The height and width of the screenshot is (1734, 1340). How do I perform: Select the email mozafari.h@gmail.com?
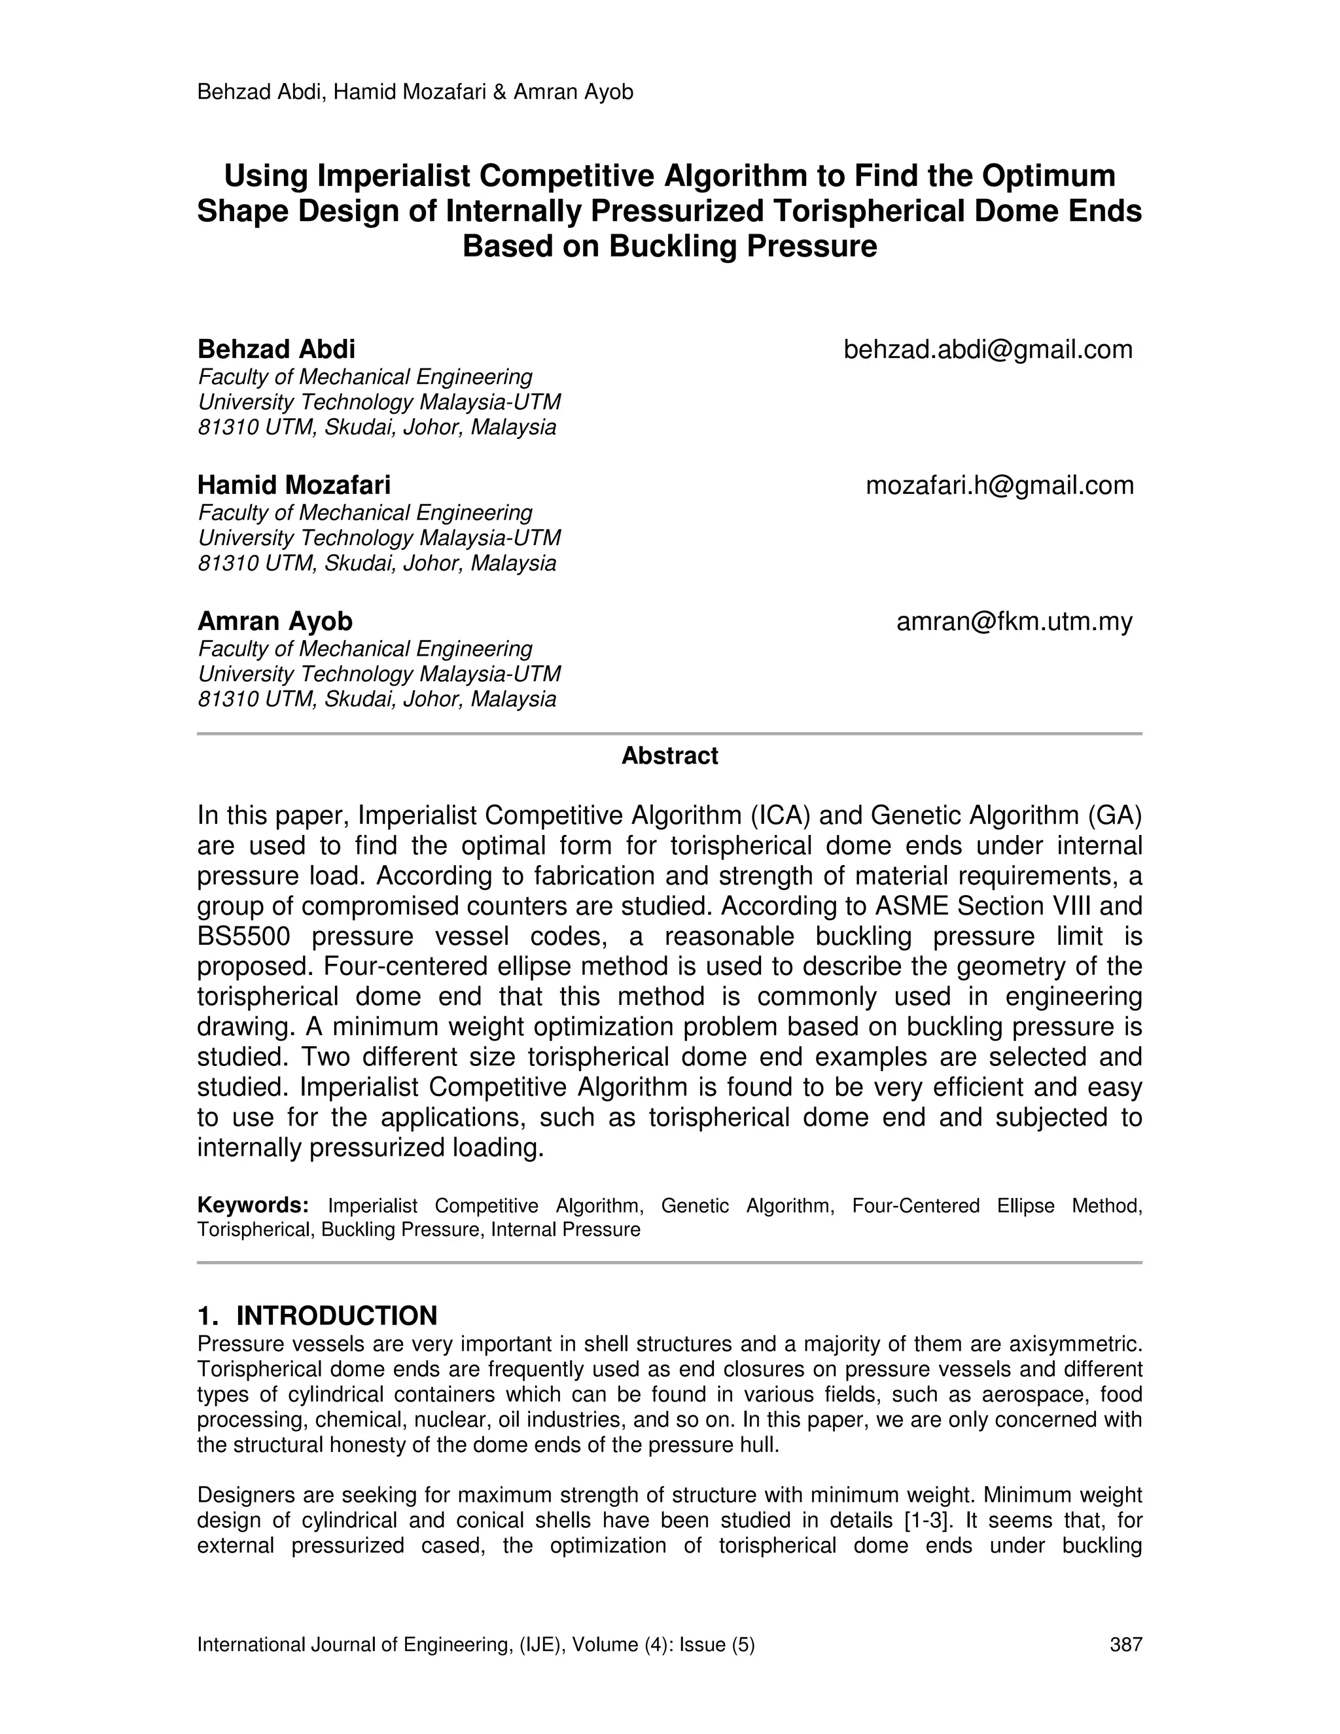pos(1000,485)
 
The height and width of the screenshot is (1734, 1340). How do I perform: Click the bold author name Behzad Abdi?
pos(276,349)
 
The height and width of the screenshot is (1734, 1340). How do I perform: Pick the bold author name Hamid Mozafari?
pos(294,485)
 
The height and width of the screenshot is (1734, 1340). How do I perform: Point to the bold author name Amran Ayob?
pos(275,621)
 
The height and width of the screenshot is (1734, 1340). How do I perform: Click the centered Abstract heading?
pos(669,756)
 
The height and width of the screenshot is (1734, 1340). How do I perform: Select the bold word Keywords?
pos(253,1205)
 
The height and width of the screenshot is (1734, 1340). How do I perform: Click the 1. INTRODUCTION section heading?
pos(317,1316)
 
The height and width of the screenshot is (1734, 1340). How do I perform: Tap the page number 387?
pos(1125,1644)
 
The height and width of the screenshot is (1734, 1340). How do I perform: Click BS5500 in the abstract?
pos(243,936)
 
